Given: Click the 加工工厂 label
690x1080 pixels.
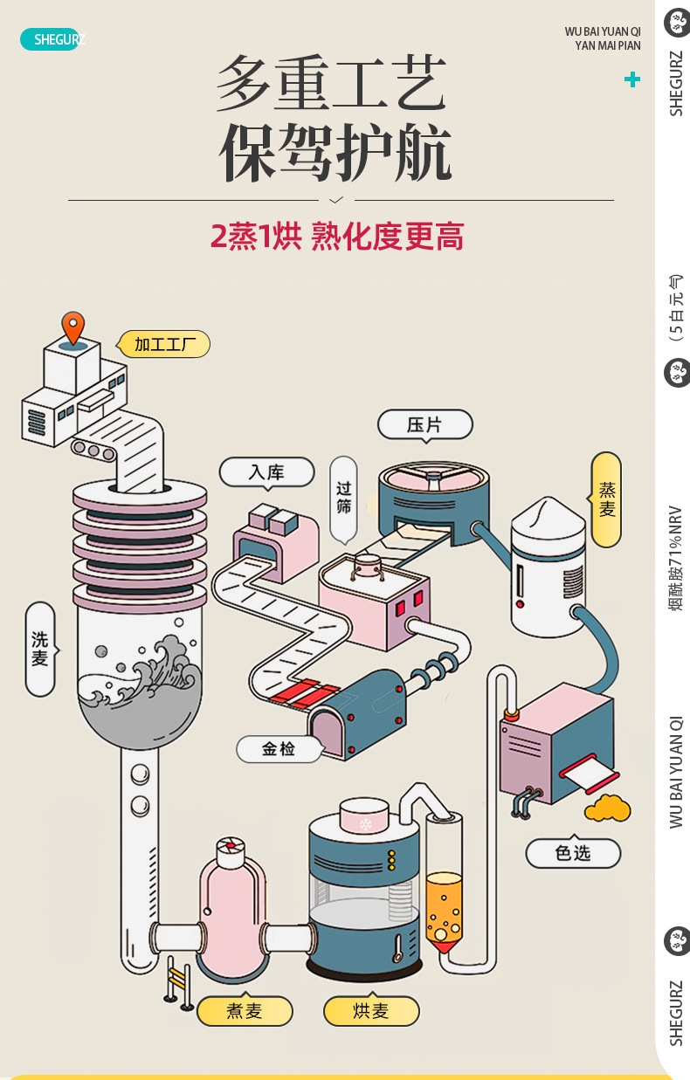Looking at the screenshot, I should (165, 344).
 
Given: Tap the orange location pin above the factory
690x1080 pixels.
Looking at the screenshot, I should (72, 327).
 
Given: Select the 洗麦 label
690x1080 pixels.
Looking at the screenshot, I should (40, 649).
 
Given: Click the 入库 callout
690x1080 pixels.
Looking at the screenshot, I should (266, 472).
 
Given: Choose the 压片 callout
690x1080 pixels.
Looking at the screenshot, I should (425, 425).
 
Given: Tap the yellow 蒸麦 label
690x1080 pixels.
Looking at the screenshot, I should (606, 499).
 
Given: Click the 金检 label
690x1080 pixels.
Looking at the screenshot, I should (279, 748).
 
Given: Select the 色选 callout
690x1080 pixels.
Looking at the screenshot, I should (573, 853).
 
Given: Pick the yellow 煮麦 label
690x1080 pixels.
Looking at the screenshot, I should (245, 1011).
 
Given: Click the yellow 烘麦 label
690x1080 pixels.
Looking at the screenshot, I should (371, 1011).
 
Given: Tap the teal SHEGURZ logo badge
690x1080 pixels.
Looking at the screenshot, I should (51, 39).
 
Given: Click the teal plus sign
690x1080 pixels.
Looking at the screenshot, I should (632, 79).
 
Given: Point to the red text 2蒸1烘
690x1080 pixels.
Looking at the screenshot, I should (255, 237).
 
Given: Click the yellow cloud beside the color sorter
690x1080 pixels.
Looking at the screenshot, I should (608, 808).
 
